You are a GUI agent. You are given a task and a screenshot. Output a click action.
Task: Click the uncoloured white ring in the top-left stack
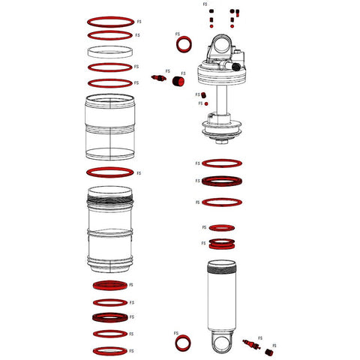point(111,51)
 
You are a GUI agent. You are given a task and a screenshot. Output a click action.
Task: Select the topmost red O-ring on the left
point(111,20)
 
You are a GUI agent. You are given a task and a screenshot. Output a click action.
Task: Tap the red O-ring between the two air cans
point(111,173)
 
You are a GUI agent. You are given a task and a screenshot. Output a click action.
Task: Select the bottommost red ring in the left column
point(111,350)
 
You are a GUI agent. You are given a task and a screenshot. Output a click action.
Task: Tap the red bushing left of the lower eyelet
point(182,343)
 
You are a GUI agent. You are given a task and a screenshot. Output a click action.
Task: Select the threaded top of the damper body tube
point(223,264)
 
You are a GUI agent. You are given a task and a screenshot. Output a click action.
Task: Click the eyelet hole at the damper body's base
point(223,344)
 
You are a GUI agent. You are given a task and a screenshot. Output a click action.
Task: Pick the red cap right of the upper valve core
point(180,81)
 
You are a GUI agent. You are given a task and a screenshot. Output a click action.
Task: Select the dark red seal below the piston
point(223,181)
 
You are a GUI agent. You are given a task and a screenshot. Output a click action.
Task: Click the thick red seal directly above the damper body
point(223,243)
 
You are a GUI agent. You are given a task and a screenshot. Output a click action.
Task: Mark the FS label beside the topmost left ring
point(136,21)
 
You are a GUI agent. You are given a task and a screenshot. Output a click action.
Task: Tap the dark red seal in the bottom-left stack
point(111,317)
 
